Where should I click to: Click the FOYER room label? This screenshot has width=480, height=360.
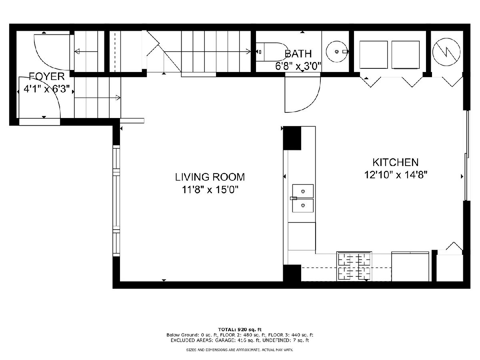[x=47, y=76]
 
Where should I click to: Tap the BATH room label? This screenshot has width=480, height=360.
[x=298, y=54]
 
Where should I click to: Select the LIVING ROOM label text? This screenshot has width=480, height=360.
[x=210, y=177]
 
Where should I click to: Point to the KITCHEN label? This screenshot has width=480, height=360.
[x=396, y=162]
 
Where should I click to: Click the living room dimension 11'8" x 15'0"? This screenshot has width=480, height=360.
[x=210, y=190]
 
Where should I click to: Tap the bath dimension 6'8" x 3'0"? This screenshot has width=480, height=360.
[x=298, y=66]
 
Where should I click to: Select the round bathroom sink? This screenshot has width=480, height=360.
[x=337, y=52]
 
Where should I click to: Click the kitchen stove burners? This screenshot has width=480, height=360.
[x=354, y=267]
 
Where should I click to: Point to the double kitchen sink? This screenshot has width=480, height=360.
[x=303, y=198]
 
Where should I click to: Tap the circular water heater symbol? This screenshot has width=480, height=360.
[x=446, y=52]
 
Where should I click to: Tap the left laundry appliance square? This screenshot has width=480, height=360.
[x=374, y=55]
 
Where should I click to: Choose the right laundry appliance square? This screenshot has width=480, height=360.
[x=406, y=55]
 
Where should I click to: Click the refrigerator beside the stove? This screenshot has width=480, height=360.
[x=410, y=267]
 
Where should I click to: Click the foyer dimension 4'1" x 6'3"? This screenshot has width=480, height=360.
[x=47, y=89]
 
